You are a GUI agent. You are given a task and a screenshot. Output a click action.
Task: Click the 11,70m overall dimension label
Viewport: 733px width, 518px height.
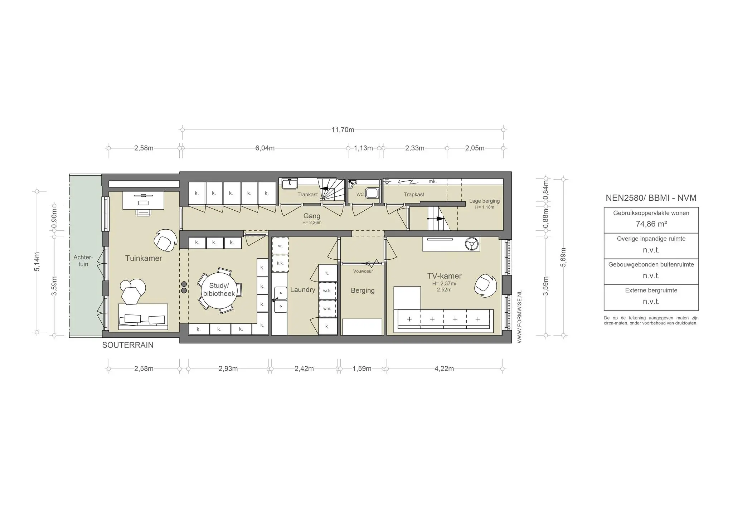(x=343, y=130)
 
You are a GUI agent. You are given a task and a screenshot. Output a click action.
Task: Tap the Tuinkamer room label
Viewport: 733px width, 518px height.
(x=144, y=258)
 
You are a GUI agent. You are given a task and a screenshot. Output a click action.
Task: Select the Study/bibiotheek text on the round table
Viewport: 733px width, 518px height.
(x=219, y=289)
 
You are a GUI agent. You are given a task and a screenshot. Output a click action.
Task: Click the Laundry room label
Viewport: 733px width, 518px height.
(x=302, y=290)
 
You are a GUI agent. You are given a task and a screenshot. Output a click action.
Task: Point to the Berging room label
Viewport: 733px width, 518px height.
(x=363, y=290)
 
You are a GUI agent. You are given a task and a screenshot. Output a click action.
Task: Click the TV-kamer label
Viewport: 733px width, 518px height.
(x=444, y=276)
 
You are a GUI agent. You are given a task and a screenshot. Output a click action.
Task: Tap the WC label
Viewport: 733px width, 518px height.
(x=360, y=195)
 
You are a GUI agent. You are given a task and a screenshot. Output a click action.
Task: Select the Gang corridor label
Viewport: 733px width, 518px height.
(x=312, y=216)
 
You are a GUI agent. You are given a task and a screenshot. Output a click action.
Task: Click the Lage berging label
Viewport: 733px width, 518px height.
(x=484, y=201)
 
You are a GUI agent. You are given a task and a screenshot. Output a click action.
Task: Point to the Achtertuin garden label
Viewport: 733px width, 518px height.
(x=83, y=261)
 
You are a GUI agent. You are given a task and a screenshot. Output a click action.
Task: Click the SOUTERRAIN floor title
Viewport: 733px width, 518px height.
(x=128, y=345)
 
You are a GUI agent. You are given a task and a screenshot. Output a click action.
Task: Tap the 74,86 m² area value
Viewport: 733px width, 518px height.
(x=651, y=224)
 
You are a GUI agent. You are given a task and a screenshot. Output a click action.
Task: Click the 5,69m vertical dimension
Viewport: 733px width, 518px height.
(x=563, y=257)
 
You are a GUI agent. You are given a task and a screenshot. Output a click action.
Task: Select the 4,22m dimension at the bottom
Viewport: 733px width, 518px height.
(x=444, y=369)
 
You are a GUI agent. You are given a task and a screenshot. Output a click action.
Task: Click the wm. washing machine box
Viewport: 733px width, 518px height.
(x=327, y=308)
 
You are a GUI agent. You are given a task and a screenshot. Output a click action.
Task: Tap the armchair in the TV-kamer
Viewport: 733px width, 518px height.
(x=485, y=285)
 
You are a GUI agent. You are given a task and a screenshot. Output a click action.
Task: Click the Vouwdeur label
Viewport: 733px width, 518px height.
(x=363, y=271)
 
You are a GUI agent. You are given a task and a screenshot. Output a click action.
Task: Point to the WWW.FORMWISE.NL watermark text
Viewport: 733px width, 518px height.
(x=520, y=317)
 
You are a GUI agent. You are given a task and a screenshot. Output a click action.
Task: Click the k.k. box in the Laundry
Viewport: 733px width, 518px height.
(x=280, y=263)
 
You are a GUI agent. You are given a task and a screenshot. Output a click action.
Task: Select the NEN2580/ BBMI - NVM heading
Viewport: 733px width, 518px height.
(x=651, y=198)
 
